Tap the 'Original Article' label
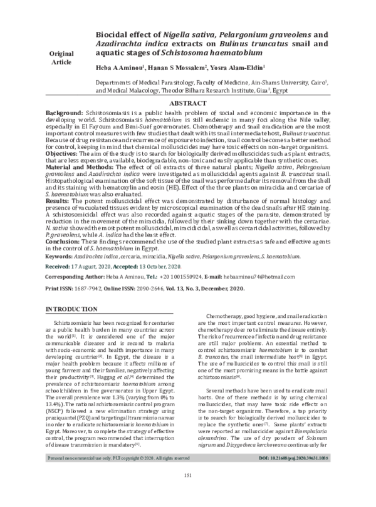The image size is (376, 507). [62, 59]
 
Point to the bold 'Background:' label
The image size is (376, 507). [66, 110]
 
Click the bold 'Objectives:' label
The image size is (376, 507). [65, 154]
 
